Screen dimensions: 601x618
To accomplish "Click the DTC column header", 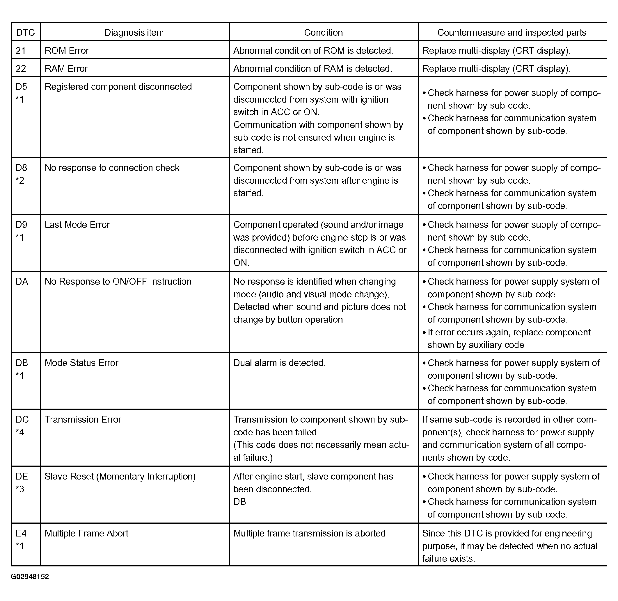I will point(25,33).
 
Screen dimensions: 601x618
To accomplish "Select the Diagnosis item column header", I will point(134,33).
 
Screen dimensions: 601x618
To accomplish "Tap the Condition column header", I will point(323,33).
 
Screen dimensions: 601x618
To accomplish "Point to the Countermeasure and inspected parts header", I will point(512,33).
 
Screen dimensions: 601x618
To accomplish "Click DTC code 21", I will point(21,51).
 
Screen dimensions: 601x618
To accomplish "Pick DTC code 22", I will point(21,69).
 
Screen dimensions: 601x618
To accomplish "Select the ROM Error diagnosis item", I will point(67,51).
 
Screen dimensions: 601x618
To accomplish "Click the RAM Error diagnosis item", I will point(66,69).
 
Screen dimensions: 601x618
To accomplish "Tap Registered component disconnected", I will point(118,87).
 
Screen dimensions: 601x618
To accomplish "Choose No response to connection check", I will point(112,168).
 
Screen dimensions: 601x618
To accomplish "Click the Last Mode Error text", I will point(77,225).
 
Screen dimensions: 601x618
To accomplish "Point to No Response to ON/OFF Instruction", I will point(118,282).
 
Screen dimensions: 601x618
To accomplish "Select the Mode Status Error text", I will point(81,363).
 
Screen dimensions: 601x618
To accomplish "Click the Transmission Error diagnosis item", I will point(83,419).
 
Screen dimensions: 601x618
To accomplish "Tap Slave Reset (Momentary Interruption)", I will point(120,476).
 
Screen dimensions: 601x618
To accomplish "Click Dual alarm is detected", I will point(279,363).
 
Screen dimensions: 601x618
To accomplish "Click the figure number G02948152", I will point(30,577).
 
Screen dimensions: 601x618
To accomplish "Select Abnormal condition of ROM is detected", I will point(313,51).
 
